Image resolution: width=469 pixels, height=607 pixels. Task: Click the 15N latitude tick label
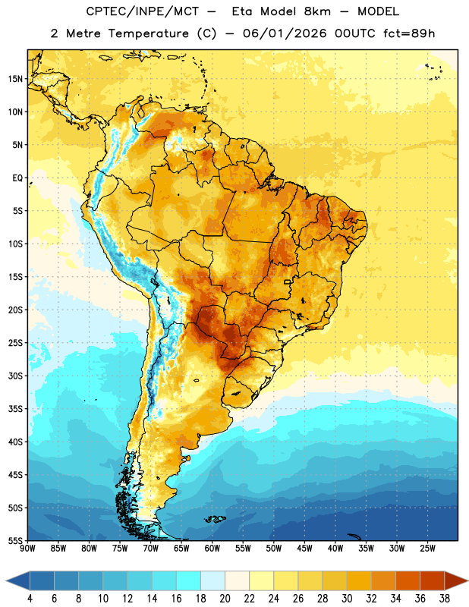[15, 79]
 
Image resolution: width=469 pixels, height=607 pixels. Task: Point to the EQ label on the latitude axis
[17, 178]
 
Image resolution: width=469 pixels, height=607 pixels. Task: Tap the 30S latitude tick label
[15, 376]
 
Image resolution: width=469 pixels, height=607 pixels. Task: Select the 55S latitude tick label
[15, 541]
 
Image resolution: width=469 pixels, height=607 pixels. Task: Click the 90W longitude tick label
[27, 549]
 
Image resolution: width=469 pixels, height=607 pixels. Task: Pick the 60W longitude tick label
[212, 549]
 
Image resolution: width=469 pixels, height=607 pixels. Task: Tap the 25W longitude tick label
[427, 549]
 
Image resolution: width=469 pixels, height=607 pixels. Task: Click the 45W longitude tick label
[304, 549]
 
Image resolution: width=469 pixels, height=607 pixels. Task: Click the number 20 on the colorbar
[225, 599]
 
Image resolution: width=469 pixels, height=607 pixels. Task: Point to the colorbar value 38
[445, 599]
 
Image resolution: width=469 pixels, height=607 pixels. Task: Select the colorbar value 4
[30, 599]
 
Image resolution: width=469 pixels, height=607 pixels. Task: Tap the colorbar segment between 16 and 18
[189, 580]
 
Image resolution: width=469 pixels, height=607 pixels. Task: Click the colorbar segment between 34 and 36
[408, 580]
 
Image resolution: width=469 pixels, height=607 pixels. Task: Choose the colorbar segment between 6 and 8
[67, 580]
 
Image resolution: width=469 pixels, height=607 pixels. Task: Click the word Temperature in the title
[149, 33]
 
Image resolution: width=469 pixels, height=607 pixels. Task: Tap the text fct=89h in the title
[409, 33]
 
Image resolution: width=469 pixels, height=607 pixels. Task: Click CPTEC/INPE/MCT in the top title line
[143, 11]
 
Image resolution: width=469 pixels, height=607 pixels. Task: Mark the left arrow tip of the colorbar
[6, 580]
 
